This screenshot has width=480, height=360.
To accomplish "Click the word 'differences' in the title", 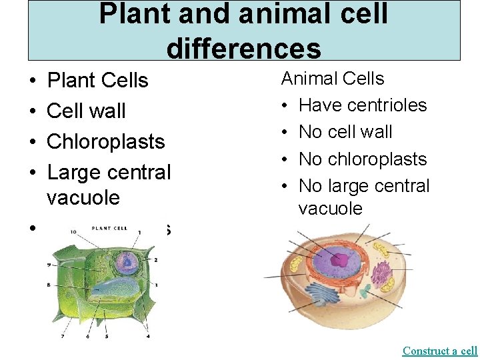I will click(243, 49).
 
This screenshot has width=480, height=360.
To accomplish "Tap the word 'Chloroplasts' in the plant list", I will click(106, 141).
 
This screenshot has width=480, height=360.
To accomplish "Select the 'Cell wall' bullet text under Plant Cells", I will click(87, 111).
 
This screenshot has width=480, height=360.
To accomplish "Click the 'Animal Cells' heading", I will click(333, 79).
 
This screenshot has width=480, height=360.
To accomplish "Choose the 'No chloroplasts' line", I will click(363, 159).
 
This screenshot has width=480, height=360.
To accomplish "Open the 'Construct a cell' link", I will click(440, 351).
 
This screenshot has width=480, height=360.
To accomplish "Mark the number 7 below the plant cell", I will click(63, 336).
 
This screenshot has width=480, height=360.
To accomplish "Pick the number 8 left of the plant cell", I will click(48, 285).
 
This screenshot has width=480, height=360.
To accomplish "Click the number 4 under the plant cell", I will click(147, 336).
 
